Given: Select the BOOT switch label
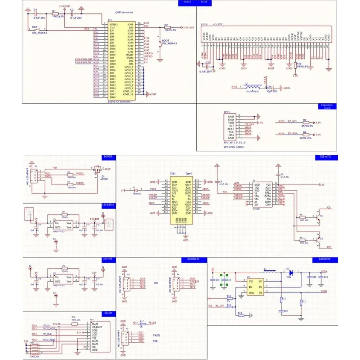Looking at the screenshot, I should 166,40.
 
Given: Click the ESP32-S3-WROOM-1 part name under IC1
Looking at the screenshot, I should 120,102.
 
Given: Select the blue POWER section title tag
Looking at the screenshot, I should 108,157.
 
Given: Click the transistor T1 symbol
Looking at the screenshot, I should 318,216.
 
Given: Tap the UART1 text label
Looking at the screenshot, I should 156,335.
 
